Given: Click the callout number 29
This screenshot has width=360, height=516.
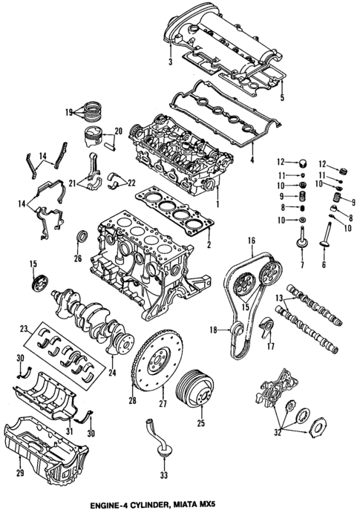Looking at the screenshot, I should tap(20, 472).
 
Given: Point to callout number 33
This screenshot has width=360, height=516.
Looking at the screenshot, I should tap(164, 472).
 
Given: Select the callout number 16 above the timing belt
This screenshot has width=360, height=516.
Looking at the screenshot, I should tap(252, 241).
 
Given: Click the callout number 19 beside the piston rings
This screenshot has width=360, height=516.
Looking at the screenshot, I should tap(69, 113).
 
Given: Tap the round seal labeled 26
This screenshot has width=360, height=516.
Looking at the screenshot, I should tap(82, 238).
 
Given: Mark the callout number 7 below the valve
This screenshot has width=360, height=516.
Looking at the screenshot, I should tap(301, 266).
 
